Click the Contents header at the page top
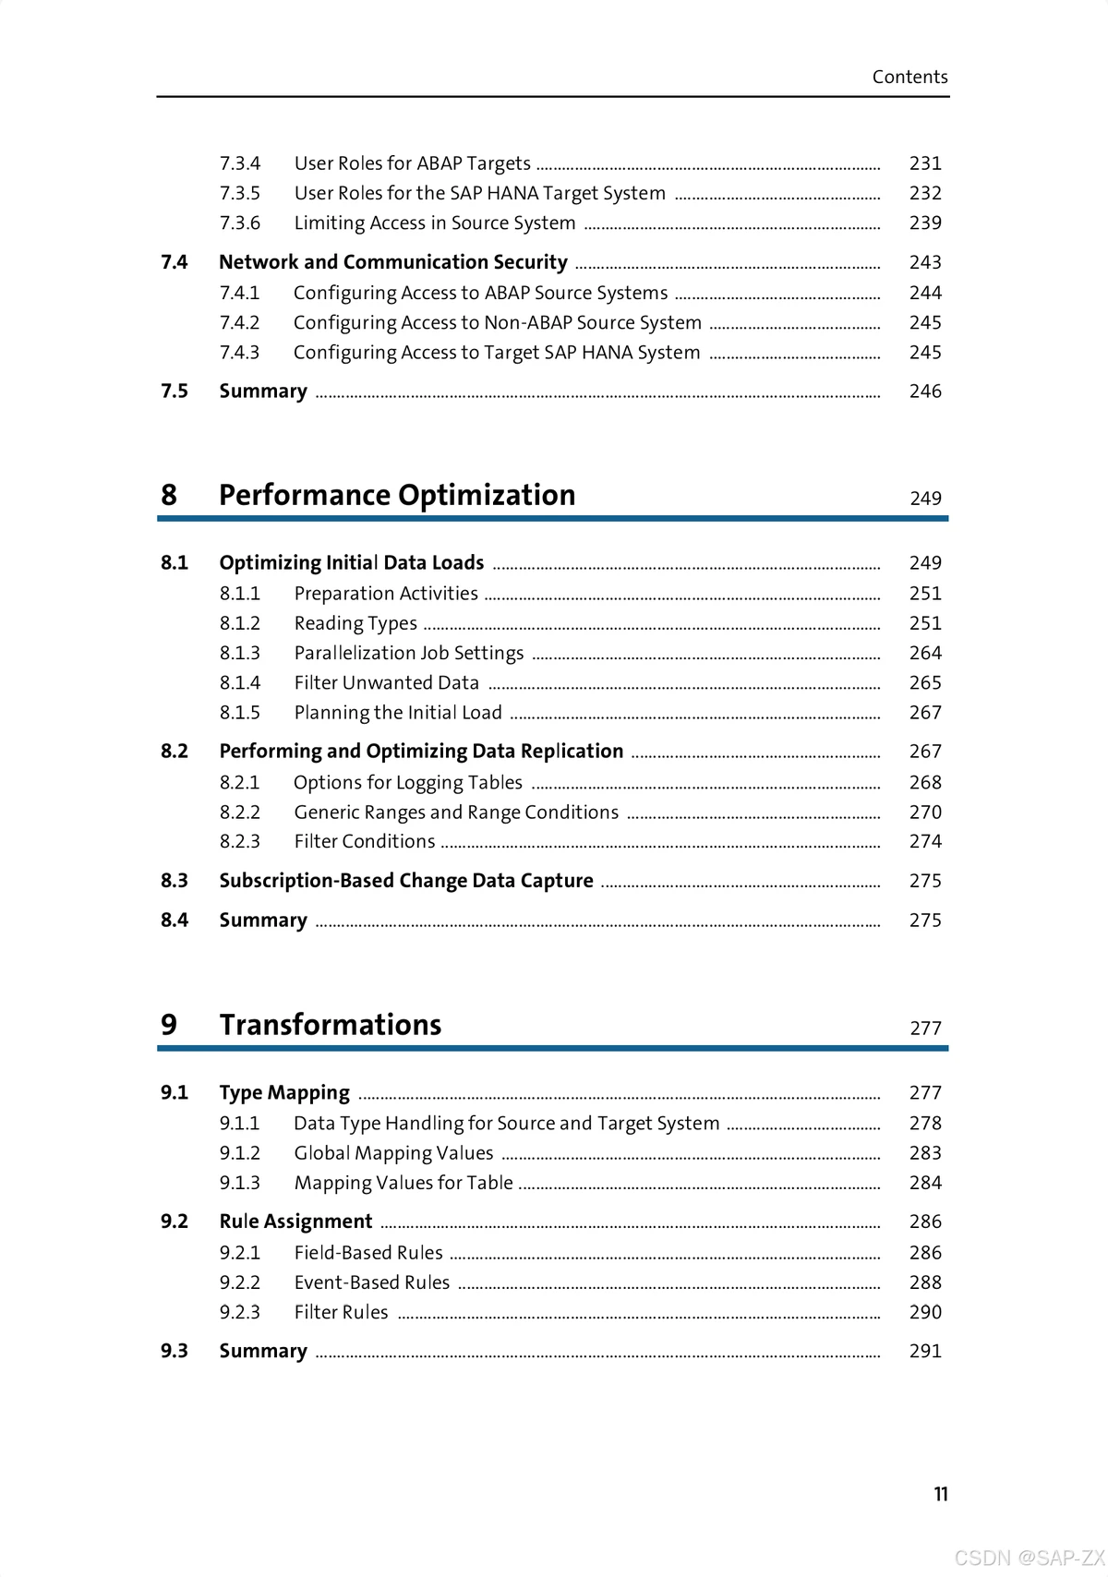click(909, 77)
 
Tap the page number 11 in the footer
click(940, 1494)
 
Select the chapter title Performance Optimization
click(397, 495)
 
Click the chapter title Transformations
click(331, 1025)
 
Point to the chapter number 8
click(169, 495)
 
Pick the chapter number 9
click(169, 1025)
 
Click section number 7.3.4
click(240, 163)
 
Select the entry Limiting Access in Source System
click(435, 223)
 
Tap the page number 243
click(925, 262)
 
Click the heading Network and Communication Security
click(393, 262)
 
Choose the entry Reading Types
click(355, 623)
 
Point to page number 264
click(925, 653)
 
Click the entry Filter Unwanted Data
click(387, 683)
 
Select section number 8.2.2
click(240, 813)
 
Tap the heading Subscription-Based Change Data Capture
click(406, 881)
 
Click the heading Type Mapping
click(284, 1093)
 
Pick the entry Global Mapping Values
click(393, 1153)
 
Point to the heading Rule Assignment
click(295, 1222)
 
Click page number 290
click(925, 1312)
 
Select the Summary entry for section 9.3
click(263, 1351)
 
